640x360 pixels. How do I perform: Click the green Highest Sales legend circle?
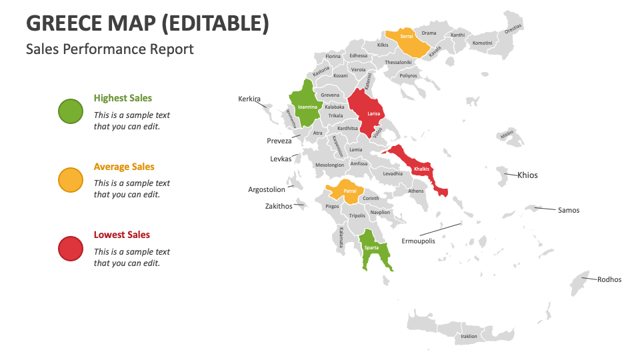coord(71,111)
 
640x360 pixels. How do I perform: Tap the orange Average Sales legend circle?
coord(71,180)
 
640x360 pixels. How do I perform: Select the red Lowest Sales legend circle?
coord(71,249)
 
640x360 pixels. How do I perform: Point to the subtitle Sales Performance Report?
coord(110,49)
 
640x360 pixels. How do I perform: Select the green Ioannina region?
coord(307,105)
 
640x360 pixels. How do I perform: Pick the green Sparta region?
coord(371,248)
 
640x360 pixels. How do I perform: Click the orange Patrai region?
coord(349,191)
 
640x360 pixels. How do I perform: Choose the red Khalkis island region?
coord(420,168)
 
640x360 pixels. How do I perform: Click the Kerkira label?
coord(249,99)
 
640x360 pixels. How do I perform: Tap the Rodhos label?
coord(609,279)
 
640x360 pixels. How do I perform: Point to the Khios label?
coord(527,175)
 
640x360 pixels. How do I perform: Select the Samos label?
coord(568,210)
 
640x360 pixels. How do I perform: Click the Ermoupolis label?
coord(418,241)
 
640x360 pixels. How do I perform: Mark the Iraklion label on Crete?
coord(469,336)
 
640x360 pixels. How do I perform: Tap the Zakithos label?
coord(279,206)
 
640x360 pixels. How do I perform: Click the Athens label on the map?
coord(415,191)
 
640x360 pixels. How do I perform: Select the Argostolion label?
coord(267,189)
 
